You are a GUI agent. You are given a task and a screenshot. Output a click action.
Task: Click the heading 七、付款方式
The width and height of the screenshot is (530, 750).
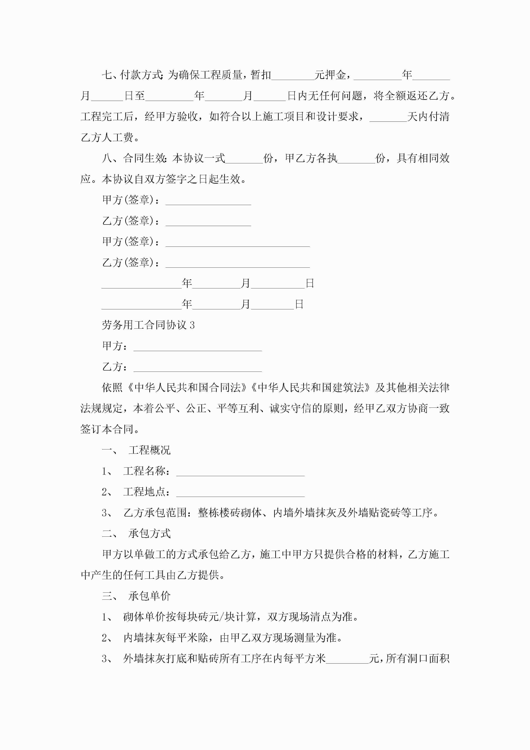tap(132, 75)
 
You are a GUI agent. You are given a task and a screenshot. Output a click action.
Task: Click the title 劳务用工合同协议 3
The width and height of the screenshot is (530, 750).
tap(148, 325)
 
